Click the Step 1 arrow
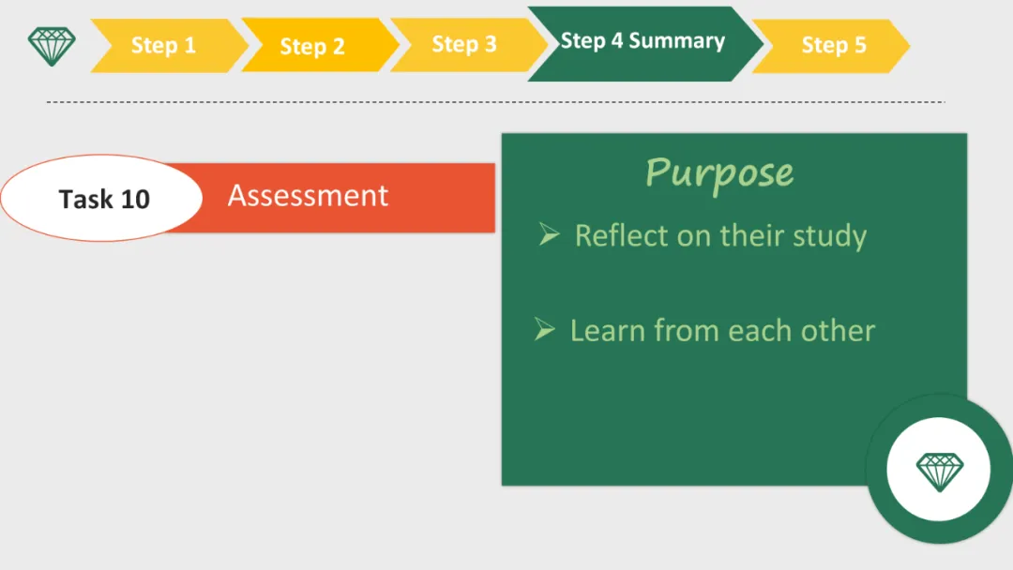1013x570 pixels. click(169, 45)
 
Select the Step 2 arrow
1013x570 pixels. click(320, 45)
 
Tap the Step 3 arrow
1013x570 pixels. click(469, 45)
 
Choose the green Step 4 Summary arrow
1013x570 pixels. click(645, 44)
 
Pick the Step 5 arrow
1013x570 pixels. click(831, 45)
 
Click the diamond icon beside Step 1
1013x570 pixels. click(52, 46)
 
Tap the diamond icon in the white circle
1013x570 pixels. click(939, 472)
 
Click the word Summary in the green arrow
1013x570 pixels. click(676, 40)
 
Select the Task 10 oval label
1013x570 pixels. click(101, 198)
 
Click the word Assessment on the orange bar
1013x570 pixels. click(308, 196)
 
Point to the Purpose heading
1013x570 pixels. click(719, 173)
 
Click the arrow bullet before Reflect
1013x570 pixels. click(549, 233)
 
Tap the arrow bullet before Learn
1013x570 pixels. click(545, 329)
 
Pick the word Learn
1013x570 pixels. click(608, 331)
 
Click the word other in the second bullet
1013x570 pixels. click(838, 331)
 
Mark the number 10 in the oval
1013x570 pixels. click(135, 199)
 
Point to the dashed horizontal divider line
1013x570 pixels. click(495, 102)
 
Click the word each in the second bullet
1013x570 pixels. click(760, 331)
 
